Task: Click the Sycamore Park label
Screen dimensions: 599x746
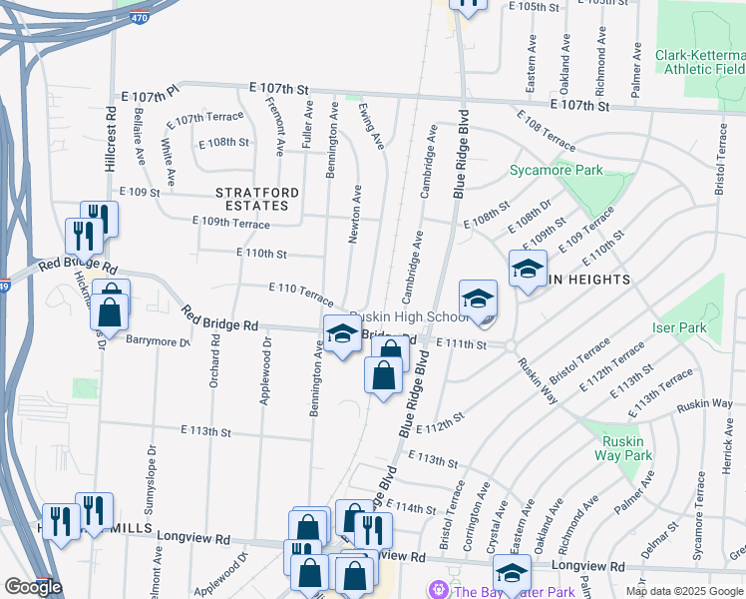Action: (557, 170)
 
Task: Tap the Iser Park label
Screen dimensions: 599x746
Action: (678, 326)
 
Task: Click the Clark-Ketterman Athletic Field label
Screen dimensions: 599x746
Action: (699, 62)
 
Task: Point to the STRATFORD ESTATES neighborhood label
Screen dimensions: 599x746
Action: (253, 198)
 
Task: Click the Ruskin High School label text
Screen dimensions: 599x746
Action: (408, 316)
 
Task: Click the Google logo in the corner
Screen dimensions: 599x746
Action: (33, 586)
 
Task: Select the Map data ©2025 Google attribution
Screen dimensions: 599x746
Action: (683, 591)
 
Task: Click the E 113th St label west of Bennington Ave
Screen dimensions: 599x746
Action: (206, 431)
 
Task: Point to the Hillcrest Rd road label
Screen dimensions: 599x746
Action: (111, 140)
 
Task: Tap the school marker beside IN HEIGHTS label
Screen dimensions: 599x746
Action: (528, 269)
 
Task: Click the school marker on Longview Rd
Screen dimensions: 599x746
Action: (512, 574)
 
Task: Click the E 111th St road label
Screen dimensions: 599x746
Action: (460, 344)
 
